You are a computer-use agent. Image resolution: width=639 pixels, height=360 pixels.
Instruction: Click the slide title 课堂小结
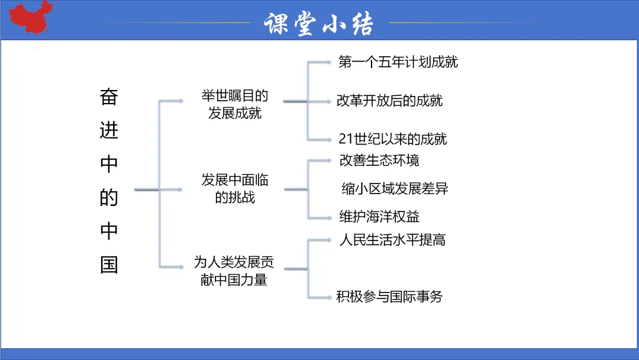coord(319,24)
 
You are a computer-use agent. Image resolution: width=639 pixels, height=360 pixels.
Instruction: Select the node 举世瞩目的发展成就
coord(234,104)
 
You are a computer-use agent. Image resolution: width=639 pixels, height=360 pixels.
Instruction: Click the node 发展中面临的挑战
coord(234,189)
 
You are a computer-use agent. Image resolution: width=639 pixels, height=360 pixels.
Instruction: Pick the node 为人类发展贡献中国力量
coord(234,270)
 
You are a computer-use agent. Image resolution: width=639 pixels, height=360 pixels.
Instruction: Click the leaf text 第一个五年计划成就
coord(398,62)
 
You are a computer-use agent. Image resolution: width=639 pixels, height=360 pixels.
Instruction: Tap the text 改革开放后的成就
coord(389,101)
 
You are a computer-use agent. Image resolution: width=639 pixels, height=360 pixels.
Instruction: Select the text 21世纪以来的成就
coord(392,139)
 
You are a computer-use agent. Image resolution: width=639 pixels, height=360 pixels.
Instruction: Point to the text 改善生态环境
coord(379,160)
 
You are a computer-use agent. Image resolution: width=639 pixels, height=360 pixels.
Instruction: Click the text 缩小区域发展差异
coord(395,189)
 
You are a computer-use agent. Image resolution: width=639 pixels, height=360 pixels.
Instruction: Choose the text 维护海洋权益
coord(379,217)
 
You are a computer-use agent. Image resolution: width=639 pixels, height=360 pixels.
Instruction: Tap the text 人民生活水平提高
coord(392,240)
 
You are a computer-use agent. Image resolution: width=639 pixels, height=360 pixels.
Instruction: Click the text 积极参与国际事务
coord(389,297)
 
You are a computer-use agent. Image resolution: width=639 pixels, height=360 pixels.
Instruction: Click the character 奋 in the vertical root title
coord(109,97)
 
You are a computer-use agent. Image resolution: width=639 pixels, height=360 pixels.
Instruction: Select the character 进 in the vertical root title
coord(109,130)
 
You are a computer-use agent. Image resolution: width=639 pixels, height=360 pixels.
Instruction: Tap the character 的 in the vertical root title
coord(109,198)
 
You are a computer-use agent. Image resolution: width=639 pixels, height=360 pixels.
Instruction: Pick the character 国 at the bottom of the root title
coord(109,265)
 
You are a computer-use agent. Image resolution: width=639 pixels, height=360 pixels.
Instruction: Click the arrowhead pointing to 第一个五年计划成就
coord(328,61)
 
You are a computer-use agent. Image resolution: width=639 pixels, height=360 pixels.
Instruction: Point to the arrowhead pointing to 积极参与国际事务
coord(328,297)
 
